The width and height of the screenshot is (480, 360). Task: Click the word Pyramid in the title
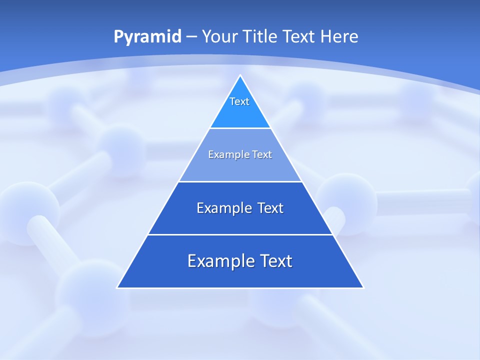(147, 37)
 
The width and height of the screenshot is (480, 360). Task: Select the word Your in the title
(219, 37)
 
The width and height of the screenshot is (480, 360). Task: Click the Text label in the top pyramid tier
(239, 101)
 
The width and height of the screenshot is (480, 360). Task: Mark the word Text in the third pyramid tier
(270, 208)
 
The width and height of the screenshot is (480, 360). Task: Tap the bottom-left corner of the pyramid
(117, 287)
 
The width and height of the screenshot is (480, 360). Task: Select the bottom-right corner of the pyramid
(363, 287)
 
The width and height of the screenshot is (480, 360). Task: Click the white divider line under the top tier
(240, 128)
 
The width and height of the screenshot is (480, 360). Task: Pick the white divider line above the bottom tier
(240, 234)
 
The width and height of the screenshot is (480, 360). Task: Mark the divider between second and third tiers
(240, 181)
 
